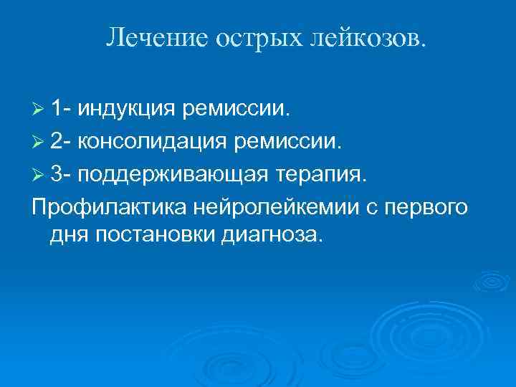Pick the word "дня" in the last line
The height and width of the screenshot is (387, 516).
(69, 234)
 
